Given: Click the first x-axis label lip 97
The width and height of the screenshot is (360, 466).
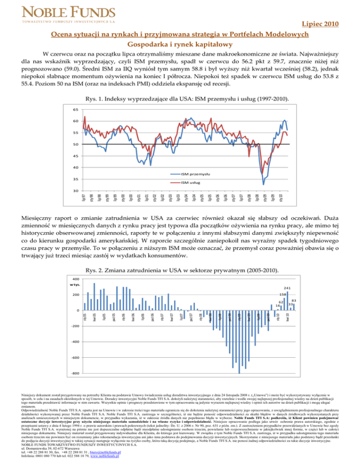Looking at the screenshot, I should tap(83, 197).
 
